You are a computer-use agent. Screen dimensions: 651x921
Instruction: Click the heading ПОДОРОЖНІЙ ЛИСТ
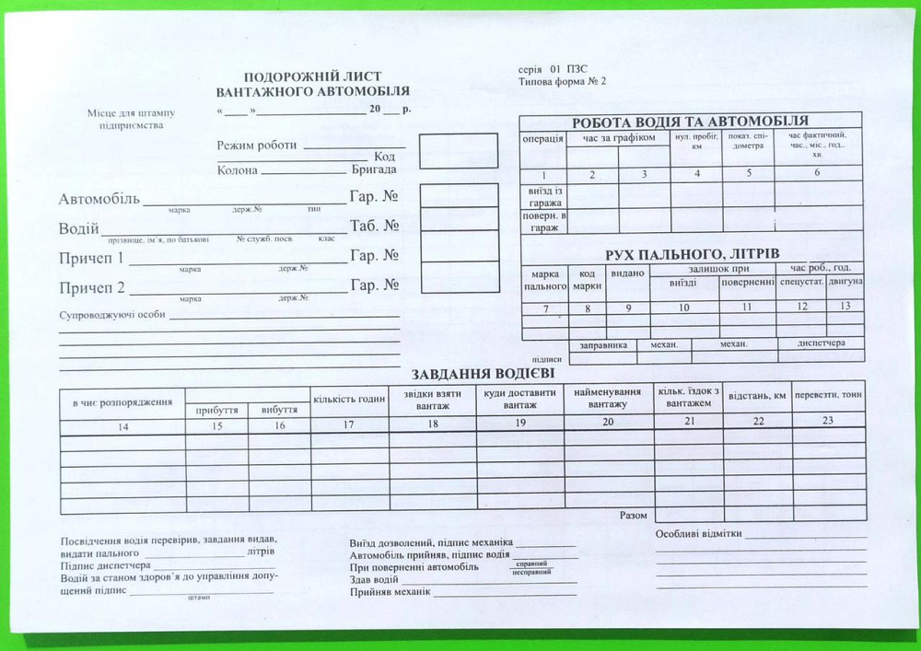pyautogui.click(x=312, y=76)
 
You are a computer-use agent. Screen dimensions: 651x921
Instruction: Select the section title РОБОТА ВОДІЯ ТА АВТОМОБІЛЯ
pyautogui.click(x=690, y=122)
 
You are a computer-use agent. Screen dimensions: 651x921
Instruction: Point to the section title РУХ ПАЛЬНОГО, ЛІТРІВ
pyautogui.click(x=692, y=253)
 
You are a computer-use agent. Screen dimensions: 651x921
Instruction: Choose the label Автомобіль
pyautogui.click(x=99, y=199)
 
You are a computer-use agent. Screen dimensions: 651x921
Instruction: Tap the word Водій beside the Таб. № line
pyautogui.click(x=79, y=227)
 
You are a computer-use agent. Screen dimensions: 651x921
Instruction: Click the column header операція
pyautogui.click(x=542, y=139)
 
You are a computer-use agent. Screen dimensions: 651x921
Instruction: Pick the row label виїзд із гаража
pyautogui.click(x=544, y=195)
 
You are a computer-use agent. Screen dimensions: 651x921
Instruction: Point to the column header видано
pyautogui.click(x=627, y=273)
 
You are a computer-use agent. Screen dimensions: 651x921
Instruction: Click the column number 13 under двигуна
pyautogui.click(x=845, y=306)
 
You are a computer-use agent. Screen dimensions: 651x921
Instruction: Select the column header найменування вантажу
pyautogui.click(x=608, y=398)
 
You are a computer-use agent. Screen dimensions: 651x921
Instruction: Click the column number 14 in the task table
pyautogui.click(x=122, y=426)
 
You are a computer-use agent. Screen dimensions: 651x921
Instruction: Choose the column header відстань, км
pyautogui.click(x=757, y=396)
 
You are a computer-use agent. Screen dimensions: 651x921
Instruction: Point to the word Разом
pyautogui.click(x=633, y=516)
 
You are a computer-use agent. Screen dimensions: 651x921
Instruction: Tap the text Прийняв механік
pyautogui.click(x=390, y=591)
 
